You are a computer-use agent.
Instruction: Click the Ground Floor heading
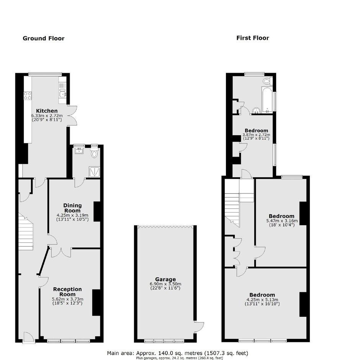[x=43, y=38]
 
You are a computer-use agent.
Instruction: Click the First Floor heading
[x=252, y=38]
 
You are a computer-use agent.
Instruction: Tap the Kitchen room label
[x=47, y=111]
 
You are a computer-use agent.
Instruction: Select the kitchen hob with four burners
[x=28, y=95]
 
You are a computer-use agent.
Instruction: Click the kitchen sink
[x=62, y=93]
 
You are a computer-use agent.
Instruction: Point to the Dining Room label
[x=72, y=208]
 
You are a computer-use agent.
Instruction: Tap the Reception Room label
[x=67, y=291]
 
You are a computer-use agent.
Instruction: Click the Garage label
[x=165, y=279]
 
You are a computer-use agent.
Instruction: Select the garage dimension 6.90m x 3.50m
[x=165, y=284]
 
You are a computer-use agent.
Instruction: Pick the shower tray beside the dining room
[x=94, y=172]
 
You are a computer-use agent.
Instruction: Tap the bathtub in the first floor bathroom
[x=267, y=100]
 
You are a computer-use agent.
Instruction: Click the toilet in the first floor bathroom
[x=267, y=81]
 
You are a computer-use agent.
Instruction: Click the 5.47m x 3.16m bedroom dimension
[x=282, y=221]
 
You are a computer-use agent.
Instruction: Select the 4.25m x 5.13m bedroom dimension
[x=262, y=299]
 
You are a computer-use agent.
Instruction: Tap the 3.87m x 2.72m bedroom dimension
[x=256, y=135]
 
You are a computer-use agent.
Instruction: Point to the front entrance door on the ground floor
[x=29, y=337]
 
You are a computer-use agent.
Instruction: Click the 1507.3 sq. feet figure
[x=226, y=353]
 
